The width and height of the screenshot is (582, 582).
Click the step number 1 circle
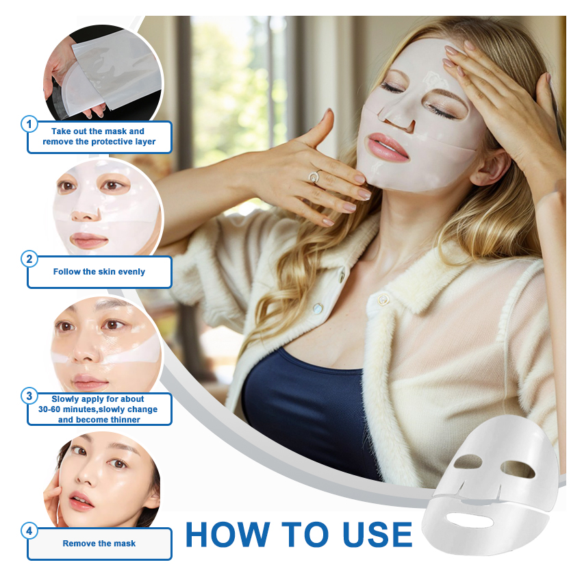click(x=29, y=125)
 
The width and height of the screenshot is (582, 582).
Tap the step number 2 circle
click(x=29, y=259)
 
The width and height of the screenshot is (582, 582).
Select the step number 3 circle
click(x=29, y=396)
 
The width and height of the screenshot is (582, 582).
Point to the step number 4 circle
click(x=29, y=531)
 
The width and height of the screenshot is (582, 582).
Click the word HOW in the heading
click(x=227, y=535)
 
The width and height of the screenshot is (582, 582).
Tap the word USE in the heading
click(x=377, y=535)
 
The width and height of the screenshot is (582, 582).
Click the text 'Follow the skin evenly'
click(x=99, y=272)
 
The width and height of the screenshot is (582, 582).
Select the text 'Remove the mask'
click(x=99, y=544)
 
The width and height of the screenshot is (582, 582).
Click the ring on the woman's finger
click(x=316, y=176)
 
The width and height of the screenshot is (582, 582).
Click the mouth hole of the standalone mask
click(x=470, y=520)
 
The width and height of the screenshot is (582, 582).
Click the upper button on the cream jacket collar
click(x=382, y=299)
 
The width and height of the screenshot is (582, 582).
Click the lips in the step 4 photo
click(x=81, y=501)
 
